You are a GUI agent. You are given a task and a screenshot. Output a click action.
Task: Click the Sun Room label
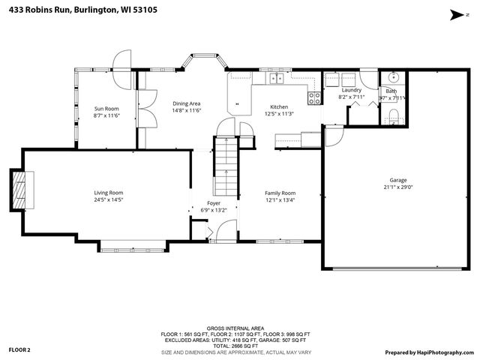(x=106, y=109)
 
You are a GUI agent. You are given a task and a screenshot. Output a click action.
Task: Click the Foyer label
(x=214, y=203)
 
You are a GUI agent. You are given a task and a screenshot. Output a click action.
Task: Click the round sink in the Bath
(x=394, y=77)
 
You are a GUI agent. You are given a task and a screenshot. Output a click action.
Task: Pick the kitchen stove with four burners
(x=315, y=96)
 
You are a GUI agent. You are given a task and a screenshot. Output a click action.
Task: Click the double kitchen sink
(x=276, y=77)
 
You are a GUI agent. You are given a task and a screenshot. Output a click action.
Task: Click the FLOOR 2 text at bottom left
(x=19, y=349)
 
